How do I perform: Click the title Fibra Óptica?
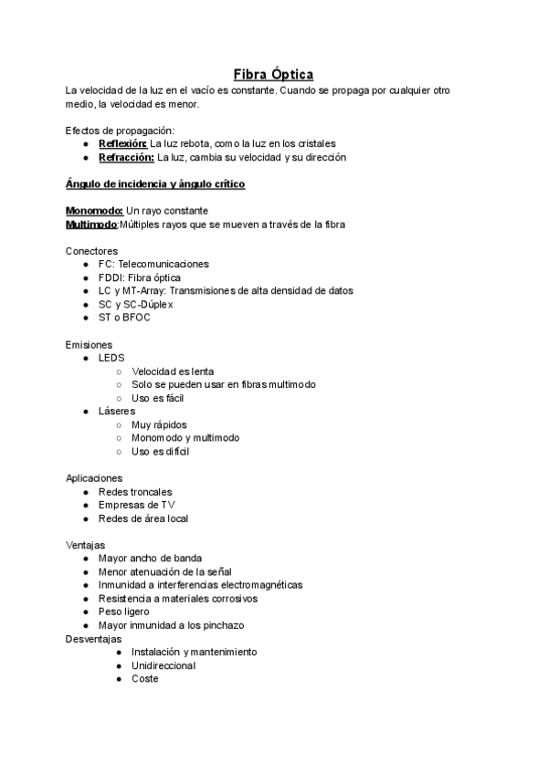(x=273, y=74)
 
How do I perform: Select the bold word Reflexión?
(x=122, y=143)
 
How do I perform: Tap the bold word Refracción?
(x=126, y=157)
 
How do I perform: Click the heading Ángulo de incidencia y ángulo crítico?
(x=155, y=183)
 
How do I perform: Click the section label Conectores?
(x=91, y=251)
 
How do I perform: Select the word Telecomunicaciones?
(x=163, y=264)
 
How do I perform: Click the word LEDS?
(x=111, y=358)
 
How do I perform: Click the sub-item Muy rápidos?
(x=160, y=424)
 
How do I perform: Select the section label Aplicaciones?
(x=94, y=478)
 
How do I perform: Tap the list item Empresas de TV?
(x=136, y=505)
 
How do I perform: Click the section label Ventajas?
(x=85, y=545)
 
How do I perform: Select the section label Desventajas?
(x=93, y=639)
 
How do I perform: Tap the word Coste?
(x=144, y=679)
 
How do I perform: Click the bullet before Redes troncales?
(x=85, y=492)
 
